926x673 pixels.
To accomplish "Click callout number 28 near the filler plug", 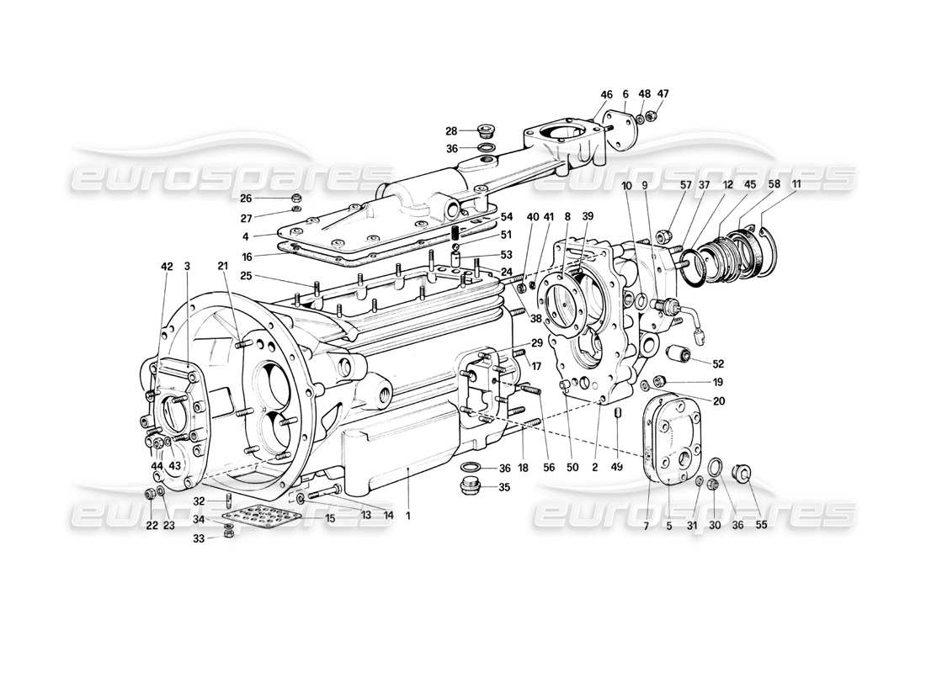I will (x=450, y=130).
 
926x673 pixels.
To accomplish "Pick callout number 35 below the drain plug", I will (x=505, y=486).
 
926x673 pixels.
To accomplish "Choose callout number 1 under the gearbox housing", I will (x=408, y=516).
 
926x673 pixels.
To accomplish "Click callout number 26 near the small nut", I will (x=246, y=199).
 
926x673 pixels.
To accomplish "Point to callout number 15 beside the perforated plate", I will (x=330, y=518).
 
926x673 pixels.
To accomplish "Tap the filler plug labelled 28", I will (x=485, y=130).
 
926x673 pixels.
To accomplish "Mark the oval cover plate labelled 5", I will (x=673, y=439).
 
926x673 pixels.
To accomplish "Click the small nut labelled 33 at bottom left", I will (x=230, y=535).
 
